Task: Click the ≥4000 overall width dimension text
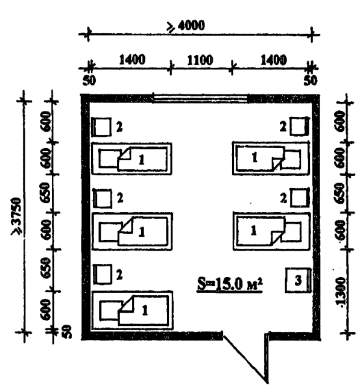186,26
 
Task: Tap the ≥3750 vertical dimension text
17,216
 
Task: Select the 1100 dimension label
200,60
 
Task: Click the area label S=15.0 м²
230,284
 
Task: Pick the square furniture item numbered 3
298,280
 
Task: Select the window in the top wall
200,98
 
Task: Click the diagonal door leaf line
245,359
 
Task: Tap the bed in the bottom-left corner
132,310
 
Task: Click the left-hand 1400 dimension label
132,60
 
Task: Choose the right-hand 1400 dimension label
274,60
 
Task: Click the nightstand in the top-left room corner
101,127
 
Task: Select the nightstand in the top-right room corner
300,127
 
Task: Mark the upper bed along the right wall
271,158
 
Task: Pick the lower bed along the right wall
271,231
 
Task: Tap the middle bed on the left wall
132,231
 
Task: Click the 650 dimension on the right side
339,193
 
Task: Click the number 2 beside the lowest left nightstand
119,275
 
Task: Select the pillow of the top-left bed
109,158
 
